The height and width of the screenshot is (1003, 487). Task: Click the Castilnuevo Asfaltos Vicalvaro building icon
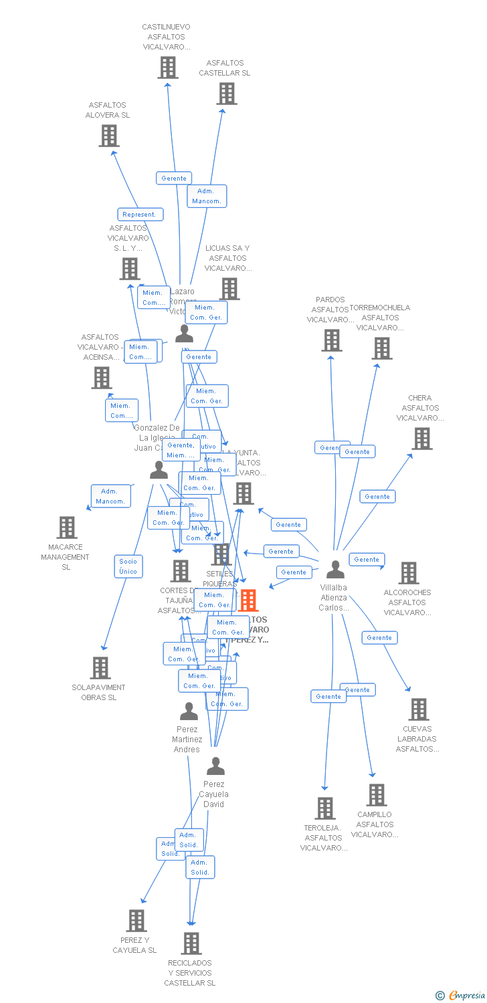(x=167, y=68)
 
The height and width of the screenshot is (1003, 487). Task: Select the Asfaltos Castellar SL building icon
(x=227, y=94)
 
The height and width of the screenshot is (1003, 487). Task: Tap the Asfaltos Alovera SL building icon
(x=108, y=136)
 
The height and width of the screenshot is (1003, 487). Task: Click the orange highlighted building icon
(x=248, y=600)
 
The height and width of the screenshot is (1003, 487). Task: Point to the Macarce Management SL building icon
(x=66, y=528)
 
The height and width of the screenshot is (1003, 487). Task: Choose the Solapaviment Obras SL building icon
(x=100, y=668)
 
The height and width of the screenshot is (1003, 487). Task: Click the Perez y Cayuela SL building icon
(x=136, y=921)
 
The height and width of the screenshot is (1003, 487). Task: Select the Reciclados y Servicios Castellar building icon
(x=191, y=943)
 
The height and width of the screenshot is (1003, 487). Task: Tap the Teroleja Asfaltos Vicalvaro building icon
(x=325, y=808)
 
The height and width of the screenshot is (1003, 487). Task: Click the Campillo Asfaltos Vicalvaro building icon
(x=377, y=795)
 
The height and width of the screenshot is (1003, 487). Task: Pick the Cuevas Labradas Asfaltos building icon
(x=418, y=709)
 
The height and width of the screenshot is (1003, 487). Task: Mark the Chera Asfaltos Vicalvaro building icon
(x=422, y=439)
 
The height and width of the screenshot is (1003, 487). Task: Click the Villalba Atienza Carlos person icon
(x=335, y=570)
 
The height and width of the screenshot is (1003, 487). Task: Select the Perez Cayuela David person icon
(x=215, y=766)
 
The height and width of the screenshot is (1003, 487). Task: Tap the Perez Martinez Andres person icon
(x=189, y=711)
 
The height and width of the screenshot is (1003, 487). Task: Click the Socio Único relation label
(x=128, y=566)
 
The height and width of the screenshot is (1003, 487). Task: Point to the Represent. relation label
(x=140, y=215)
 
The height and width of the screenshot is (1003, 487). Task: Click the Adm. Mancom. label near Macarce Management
(x=110, y=496)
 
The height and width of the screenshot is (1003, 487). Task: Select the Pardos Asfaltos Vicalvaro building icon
(x=331, y=340)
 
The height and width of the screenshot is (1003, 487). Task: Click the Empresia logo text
(x=466, y=996)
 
